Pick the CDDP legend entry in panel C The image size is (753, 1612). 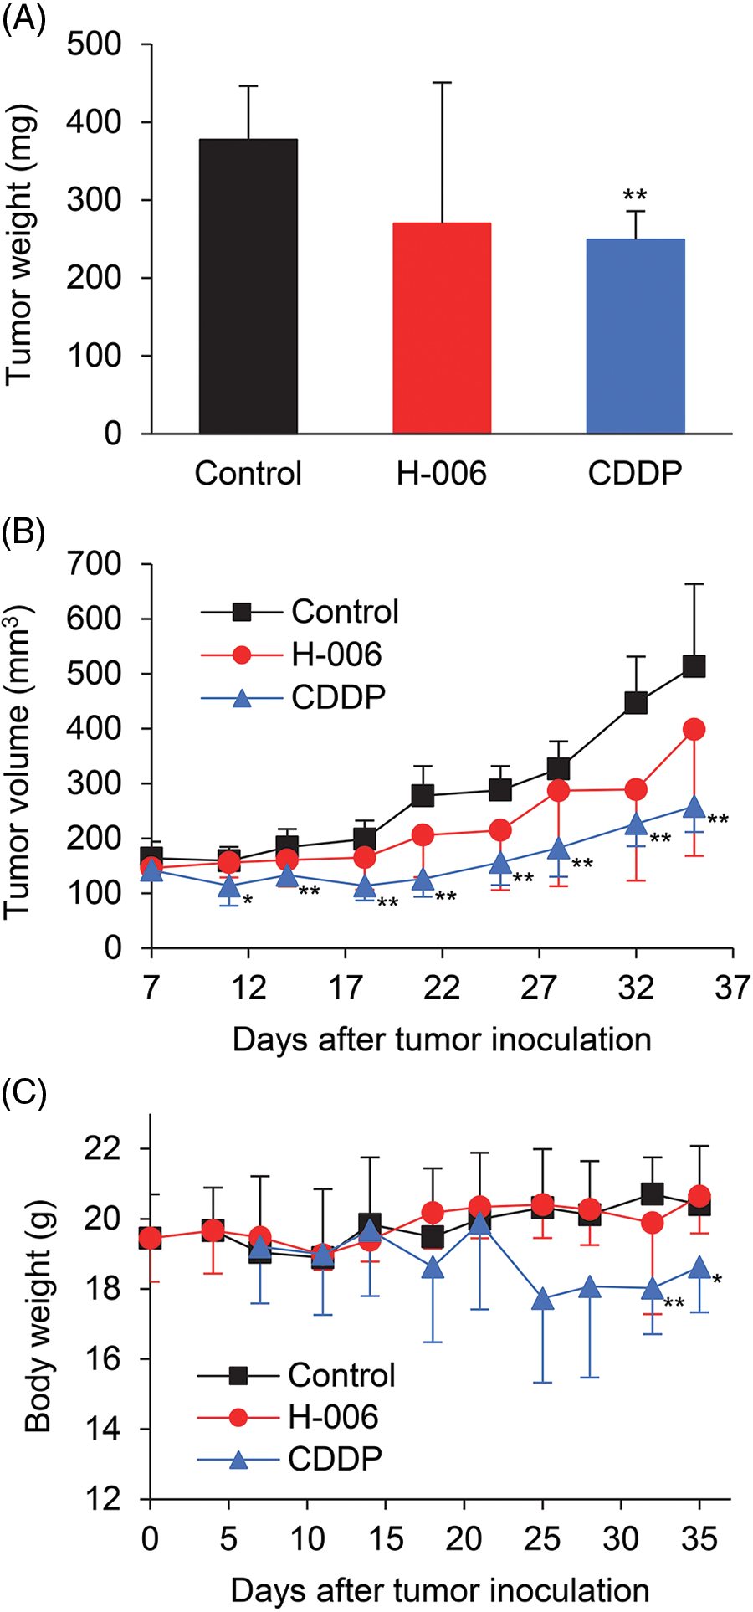pos(335,1459)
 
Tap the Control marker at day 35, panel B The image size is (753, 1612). pos(694,666)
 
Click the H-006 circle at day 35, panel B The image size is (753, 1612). pos(694,730)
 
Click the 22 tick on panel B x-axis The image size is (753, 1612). pos(442,988)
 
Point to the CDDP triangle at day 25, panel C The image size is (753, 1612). pos(543,1300)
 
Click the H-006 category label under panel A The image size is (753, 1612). pos(441,474)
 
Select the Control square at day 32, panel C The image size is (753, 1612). pos(653,1194)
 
